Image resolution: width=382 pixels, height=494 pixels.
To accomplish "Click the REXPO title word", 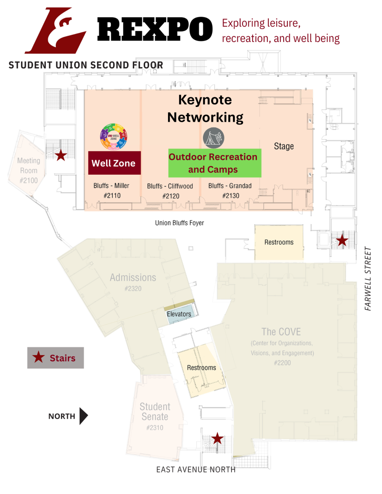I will click(x=155, y=29).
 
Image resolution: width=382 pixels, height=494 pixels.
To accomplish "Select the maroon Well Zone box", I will click(x=114, y=163).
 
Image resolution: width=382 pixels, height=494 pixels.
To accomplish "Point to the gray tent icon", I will click(x=213, y=137).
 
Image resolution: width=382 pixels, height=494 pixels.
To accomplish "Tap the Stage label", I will click(x=284, y=146).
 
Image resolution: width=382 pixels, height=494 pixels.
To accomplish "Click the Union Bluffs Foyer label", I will click(x=180, y=222).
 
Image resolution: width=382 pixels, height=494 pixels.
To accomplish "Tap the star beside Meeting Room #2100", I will click(x=61, y=155).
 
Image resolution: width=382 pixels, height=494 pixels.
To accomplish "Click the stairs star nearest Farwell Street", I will click(x=342, y=240).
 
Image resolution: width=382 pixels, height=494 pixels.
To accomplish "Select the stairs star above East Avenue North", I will click(x=217, y=438).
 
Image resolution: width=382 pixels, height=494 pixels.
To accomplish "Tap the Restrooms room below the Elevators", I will click(x=201, y=368).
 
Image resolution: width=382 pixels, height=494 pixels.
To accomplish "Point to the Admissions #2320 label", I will click(x=133, y=282).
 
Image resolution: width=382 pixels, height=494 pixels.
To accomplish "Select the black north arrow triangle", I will click(x=84, y=416).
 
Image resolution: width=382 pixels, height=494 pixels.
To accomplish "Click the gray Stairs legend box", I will click(x=55, y=357).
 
